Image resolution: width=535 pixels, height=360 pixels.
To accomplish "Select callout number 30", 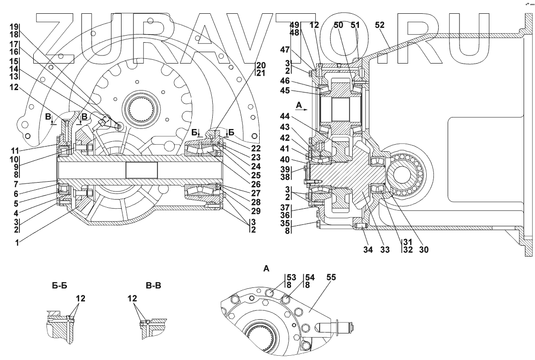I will click(423, 249).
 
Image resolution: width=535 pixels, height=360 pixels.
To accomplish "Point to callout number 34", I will click(368, 249).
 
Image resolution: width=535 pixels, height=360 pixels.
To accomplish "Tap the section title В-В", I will click(155, 286).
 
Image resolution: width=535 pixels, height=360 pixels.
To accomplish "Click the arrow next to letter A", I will click(302, 108).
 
